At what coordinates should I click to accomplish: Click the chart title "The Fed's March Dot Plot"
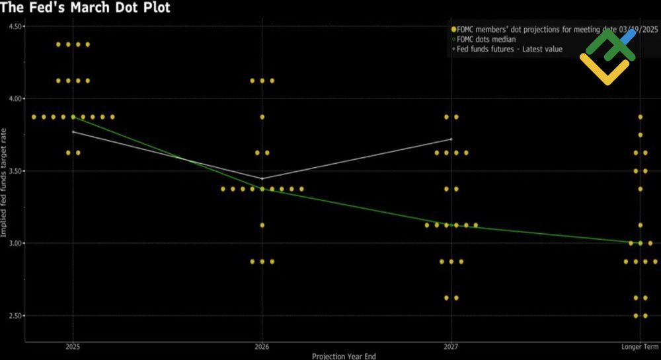pos(85,8)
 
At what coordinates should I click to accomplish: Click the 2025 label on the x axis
pos(73,347)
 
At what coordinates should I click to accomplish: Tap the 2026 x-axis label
pos(262,347)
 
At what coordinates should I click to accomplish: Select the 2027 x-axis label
pos(451,347)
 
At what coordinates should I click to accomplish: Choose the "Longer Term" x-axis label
pos(640,347)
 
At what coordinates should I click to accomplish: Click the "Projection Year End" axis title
pos(344,356)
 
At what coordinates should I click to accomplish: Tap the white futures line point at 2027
pos(451,139)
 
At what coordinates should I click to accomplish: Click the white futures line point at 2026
pos(262,178)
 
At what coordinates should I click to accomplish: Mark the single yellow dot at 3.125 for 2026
pos(262,225)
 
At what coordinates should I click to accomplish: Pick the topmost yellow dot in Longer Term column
pos(640,117)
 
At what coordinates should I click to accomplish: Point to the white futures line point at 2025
pos(73,132)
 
